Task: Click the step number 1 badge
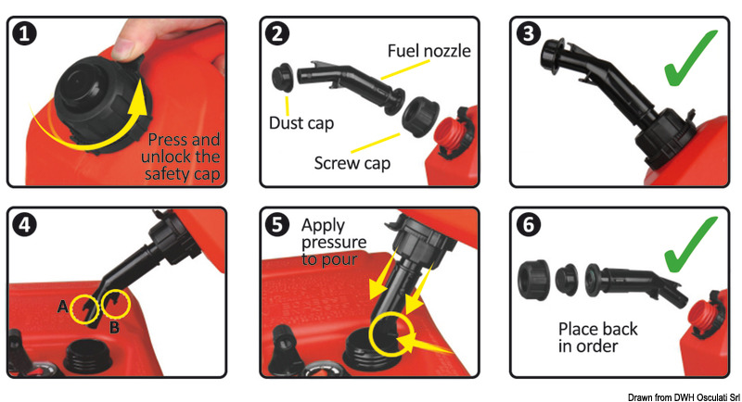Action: tap(24, 34)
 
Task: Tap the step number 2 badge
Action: tap(276, 34)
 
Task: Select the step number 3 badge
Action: tap(528, 34)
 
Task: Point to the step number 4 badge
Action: tap(24, 224)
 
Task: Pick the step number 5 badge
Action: tap(276, 224)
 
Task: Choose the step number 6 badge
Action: tap(528, 224)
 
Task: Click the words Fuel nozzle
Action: tap(429, 51)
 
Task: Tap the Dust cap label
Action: tap(301, 123)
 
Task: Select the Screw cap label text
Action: tap(352, 163)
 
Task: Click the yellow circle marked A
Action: tap(84, 308)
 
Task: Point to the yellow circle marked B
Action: tap(116, 303)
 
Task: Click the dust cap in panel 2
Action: tap(283, 77)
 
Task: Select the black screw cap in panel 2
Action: tap(416, 117)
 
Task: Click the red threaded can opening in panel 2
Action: tap(451, 133)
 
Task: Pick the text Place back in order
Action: tap(597, 337)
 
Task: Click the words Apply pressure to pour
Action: tap(334, 242)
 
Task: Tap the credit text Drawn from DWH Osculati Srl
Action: tap(684, 397)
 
